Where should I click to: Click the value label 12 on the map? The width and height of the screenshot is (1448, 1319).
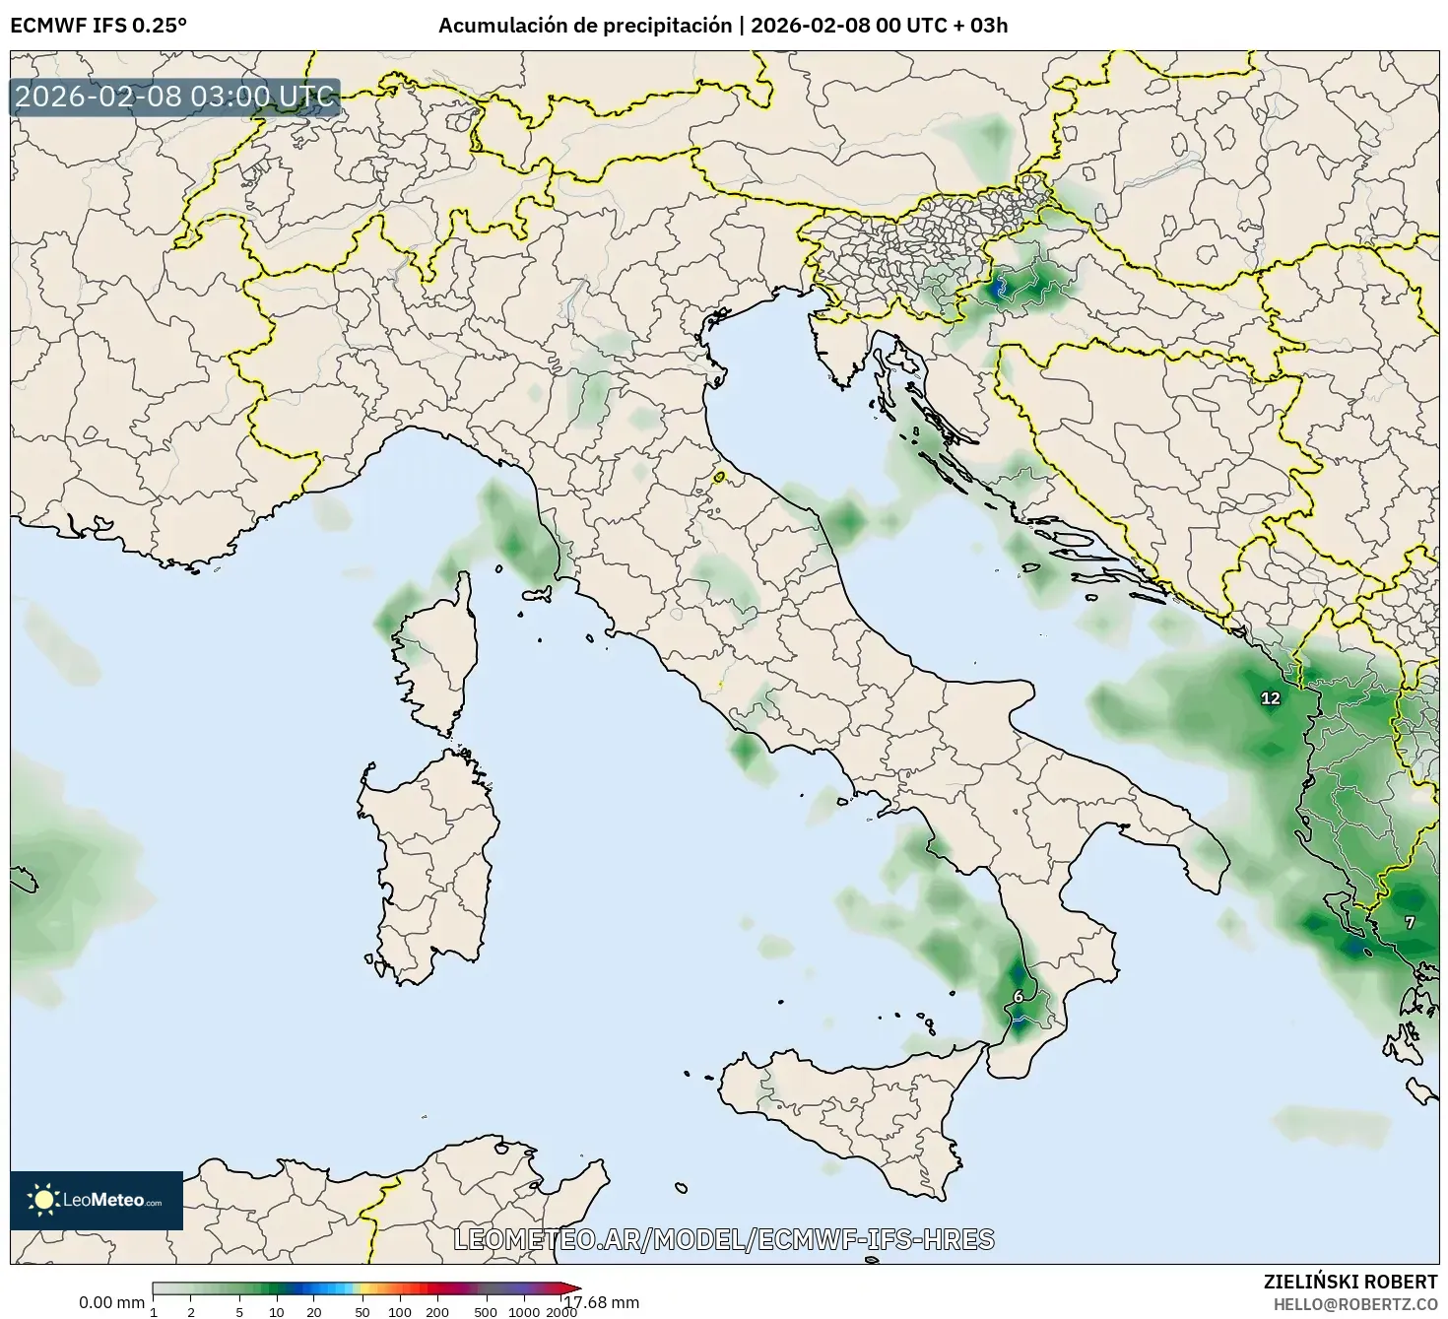point(1271,698)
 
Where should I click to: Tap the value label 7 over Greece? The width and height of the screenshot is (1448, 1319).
point(1410,923)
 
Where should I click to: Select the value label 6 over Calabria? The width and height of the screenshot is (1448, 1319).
point(1019,996)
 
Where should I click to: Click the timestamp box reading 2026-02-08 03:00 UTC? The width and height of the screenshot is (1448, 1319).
point(174,97)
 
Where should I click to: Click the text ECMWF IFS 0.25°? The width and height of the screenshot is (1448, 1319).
point(98,26)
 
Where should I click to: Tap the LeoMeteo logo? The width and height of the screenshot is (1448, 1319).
point(97,1200)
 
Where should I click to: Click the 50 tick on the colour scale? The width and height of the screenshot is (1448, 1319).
point(362,1311)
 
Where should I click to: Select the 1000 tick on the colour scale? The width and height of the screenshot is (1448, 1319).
point(524,1311)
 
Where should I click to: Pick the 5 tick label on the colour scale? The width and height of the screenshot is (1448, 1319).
point(239,1311)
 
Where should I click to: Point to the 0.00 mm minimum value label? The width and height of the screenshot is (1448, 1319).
point(111,1302)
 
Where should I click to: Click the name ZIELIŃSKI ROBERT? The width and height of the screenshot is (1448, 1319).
point(1350,1282)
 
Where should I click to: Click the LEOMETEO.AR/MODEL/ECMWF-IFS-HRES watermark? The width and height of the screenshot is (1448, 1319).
point(724,1239)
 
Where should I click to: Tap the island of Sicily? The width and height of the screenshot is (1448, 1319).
point(847,1103)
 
